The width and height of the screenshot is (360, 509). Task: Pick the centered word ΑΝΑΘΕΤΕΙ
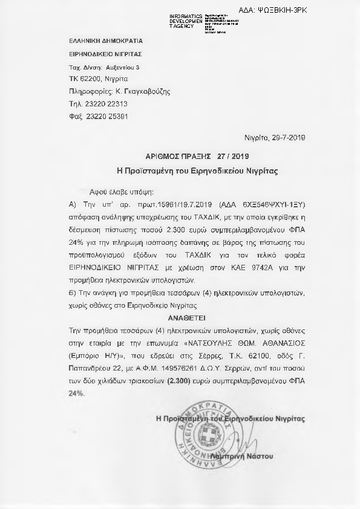pos(187,316)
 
